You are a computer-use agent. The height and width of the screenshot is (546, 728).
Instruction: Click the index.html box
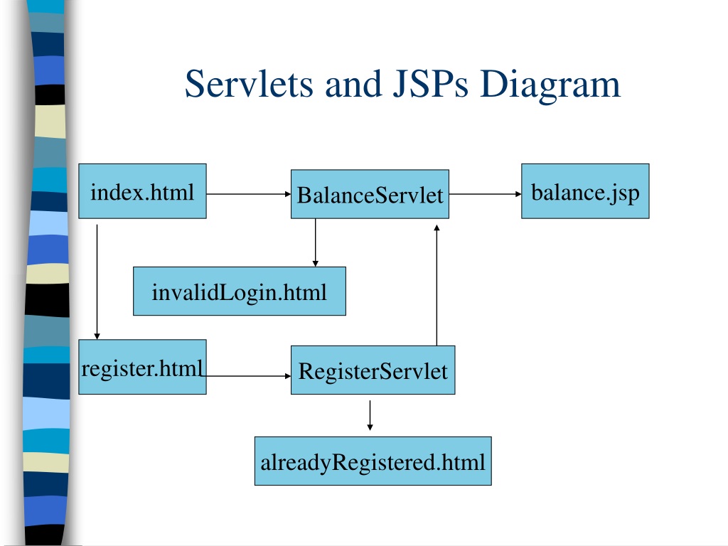click(142, 191)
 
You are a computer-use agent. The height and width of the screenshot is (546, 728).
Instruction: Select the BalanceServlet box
click(370, 194)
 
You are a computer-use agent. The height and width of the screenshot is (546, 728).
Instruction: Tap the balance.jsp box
click(586, 191)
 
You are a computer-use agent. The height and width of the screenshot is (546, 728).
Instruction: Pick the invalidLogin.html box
click(240, 291)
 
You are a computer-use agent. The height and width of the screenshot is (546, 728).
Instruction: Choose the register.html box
click(142, 367)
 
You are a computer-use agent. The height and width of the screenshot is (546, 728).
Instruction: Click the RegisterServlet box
click(373, 370)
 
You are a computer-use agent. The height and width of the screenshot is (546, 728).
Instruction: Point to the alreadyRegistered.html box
click(373, 461)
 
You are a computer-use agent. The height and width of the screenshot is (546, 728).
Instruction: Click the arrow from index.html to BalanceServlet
click(249, 194)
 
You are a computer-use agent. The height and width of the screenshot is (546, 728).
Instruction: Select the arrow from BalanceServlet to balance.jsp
click(485, 194)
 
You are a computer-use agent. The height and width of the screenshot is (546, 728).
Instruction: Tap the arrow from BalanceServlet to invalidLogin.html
click(315, 242)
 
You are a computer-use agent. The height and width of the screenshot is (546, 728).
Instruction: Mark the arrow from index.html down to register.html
click(97, 282)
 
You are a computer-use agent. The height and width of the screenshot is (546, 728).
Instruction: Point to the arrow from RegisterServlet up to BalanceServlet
click(437, 285)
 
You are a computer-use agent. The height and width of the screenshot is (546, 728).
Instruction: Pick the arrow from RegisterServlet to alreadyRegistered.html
click(370, 415)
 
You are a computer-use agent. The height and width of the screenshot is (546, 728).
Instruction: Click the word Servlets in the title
click(249, 84)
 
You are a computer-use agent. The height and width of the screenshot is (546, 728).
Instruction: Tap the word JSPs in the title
click(430, 84)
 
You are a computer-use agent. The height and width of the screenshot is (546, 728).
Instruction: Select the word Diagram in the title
click(550, 86)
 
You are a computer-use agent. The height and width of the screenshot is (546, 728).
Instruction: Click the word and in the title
click(353, 84)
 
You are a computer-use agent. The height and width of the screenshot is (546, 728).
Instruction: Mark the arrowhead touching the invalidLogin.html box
click(315, 263)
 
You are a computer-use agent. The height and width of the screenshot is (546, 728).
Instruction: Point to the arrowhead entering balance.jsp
click(518, 194)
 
